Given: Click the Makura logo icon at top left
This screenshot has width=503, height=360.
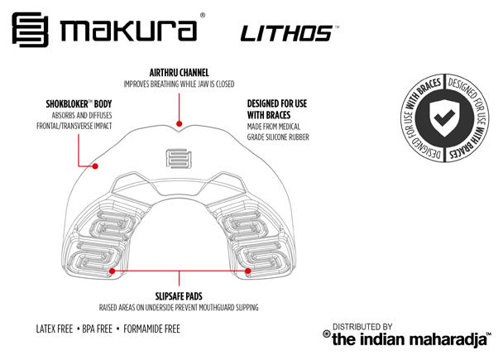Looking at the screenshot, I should click(x=31, y=30).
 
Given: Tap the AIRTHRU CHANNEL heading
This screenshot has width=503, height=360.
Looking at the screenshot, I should click(x=178, y=73).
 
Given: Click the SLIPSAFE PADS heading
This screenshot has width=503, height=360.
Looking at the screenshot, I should click(x=179, y=295).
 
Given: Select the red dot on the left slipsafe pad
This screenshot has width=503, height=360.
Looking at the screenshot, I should click(x=111, y=270).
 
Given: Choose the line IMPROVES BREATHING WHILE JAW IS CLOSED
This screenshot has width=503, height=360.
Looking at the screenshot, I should click(x=178, y=84).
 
